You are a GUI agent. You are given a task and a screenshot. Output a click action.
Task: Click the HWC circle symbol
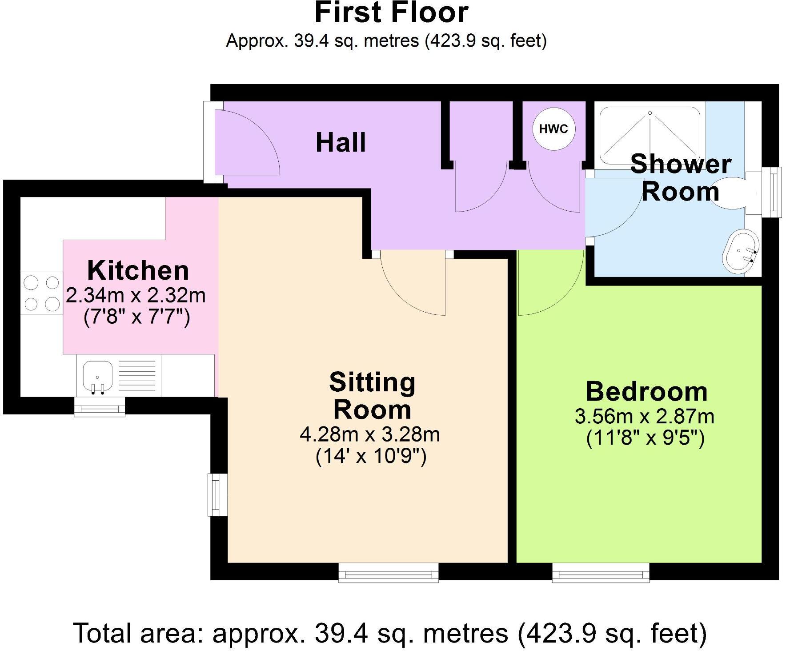pyautogui.click(x=553, y=129)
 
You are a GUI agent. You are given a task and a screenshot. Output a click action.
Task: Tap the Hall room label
pyautogui.click(x=341, y=143)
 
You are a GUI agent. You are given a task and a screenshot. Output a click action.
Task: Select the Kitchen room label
pyautogui.click(x=138, y=271)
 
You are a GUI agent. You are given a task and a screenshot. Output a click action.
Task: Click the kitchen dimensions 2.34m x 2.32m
pyautogui.click(x=136, y=295)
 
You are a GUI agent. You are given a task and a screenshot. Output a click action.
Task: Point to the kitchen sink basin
pyautogui.click(x=97, y=375)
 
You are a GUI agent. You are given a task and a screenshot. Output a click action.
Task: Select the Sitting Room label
pyautogui.click(x=372, y=396)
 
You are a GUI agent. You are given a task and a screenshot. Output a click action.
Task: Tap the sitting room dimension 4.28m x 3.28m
pyautogui.click(x=370, y=434)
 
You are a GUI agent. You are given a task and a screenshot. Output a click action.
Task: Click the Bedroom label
pyautogui.click(x=646, y=392)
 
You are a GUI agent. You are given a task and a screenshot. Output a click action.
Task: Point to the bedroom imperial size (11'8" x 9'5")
pyautogui.click(x=645, y=439)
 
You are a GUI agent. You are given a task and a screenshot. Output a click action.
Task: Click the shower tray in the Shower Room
pyautogui.click(x=650, y=135)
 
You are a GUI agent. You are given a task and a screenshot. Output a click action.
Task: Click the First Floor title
pyautogui.click(x=391, y=13)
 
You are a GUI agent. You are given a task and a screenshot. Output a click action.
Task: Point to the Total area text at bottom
pyautogui.click(x=389, y=633)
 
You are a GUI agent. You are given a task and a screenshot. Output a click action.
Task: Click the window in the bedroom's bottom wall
pyautogui.click(x=601, y=573)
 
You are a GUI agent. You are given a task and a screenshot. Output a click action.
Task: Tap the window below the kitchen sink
pyautogui.click(x=100, y=407)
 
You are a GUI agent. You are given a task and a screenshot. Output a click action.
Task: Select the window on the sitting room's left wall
pyautogui.click(x=218, y=494)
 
